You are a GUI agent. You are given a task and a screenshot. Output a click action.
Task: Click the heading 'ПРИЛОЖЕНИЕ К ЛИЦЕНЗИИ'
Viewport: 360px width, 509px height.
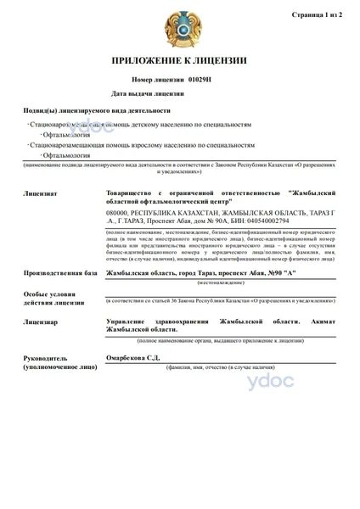point(180,61)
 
